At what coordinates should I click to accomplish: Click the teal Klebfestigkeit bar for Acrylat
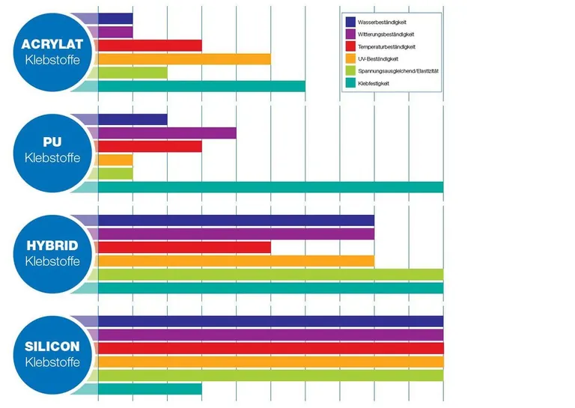201,86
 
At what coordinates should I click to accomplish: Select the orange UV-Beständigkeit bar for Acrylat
184,59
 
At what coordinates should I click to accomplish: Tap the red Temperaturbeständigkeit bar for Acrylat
150,46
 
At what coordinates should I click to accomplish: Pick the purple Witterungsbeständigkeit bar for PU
167,133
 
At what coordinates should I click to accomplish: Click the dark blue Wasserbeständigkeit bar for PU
133,120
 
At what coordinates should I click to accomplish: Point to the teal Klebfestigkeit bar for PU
270,187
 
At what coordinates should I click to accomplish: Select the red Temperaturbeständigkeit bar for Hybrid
184,248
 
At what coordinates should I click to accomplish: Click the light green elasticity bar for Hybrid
270,275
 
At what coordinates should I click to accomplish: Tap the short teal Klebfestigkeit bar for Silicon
150,389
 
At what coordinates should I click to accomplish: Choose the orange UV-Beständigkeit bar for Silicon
270,362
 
